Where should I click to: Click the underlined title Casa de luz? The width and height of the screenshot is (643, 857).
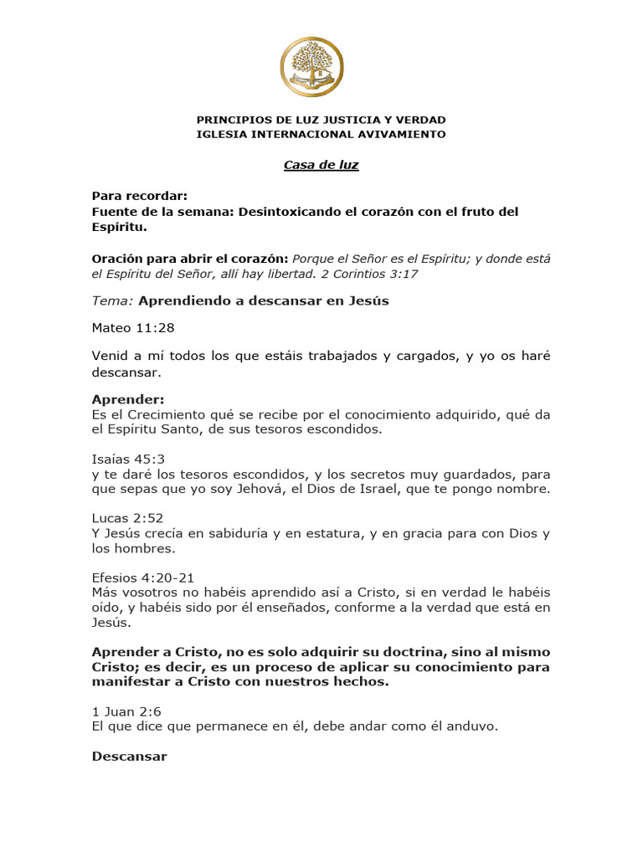coord(321,165)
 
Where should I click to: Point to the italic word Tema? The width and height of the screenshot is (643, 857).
coord(112,301)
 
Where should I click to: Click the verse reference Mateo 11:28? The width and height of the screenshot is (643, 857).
coord(133,328)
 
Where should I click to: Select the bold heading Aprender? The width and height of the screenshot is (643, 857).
coord(128,400)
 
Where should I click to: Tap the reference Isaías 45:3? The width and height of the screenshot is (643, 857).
coord(128,459)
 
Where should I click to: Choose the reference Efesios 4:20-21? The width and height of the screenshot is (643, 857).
coord(143,577)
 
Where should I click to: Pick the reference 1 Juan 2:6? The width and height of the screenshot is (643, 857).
coord(126,711)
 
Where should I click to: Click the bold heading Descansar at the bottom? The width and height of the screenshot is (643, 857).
coord(130,757)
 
